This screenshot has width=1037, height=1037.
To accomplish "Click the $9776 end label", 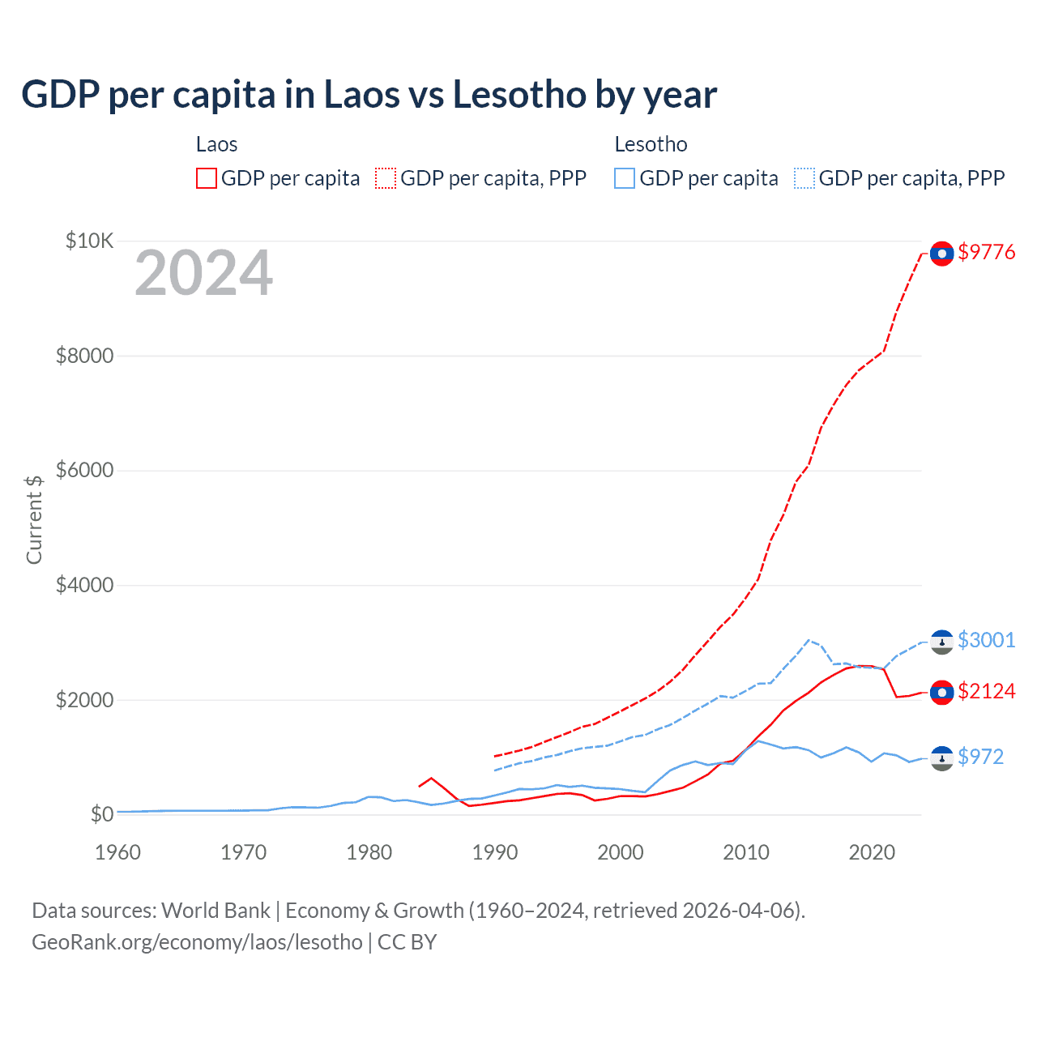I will [986, 252].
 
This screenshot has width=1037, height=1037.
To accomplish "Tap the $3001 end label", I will [986, 640].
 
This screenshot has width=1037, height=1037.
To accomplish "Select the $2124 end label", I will [986, 691].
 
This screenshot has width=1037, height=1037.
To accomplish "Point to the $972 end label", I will [980, 757].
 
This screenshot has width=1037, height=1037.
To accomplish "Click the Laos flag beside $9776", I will [941, 254].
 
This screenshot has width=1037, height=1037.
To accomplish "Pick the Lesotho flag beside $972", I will [941, 758].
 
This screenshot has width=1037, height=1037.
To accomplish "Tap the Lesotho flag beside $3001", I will [941, 642].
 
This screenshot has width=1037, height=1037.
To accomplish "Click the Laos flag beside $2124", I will [941, 693].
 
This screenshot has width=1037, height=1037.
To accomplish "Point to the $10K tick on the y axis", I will [89, 241].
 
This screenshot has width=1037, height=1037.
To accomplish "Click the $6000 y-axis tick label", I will [84, 471].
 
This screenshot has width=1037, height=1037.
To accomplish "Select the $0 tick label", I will [101, 814].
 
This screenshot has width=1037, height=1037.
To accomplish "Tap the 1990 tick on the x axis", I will [495, 852].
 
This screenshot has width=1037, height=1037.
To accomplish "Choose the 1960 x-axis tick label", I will [118, 852].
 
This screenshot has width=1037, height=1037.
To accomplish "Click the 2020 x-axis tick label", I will [872, 852].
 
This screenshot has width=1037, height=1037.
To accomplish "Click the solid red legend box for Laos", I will [207, 178].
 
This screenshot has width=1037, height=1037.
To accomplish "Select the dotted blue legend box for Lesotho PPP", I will [804, 178].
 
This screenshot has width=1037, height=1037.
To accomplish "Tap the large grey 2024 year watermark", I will [203, 273].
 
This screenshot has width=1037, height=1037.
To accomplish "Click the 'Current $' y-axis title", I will [34, 519].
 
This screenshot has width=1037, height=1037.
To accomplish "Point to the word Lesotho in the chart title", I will [518, 94].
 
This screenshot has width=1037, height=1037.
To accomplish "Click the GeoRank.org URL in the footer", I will [197, 942].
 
